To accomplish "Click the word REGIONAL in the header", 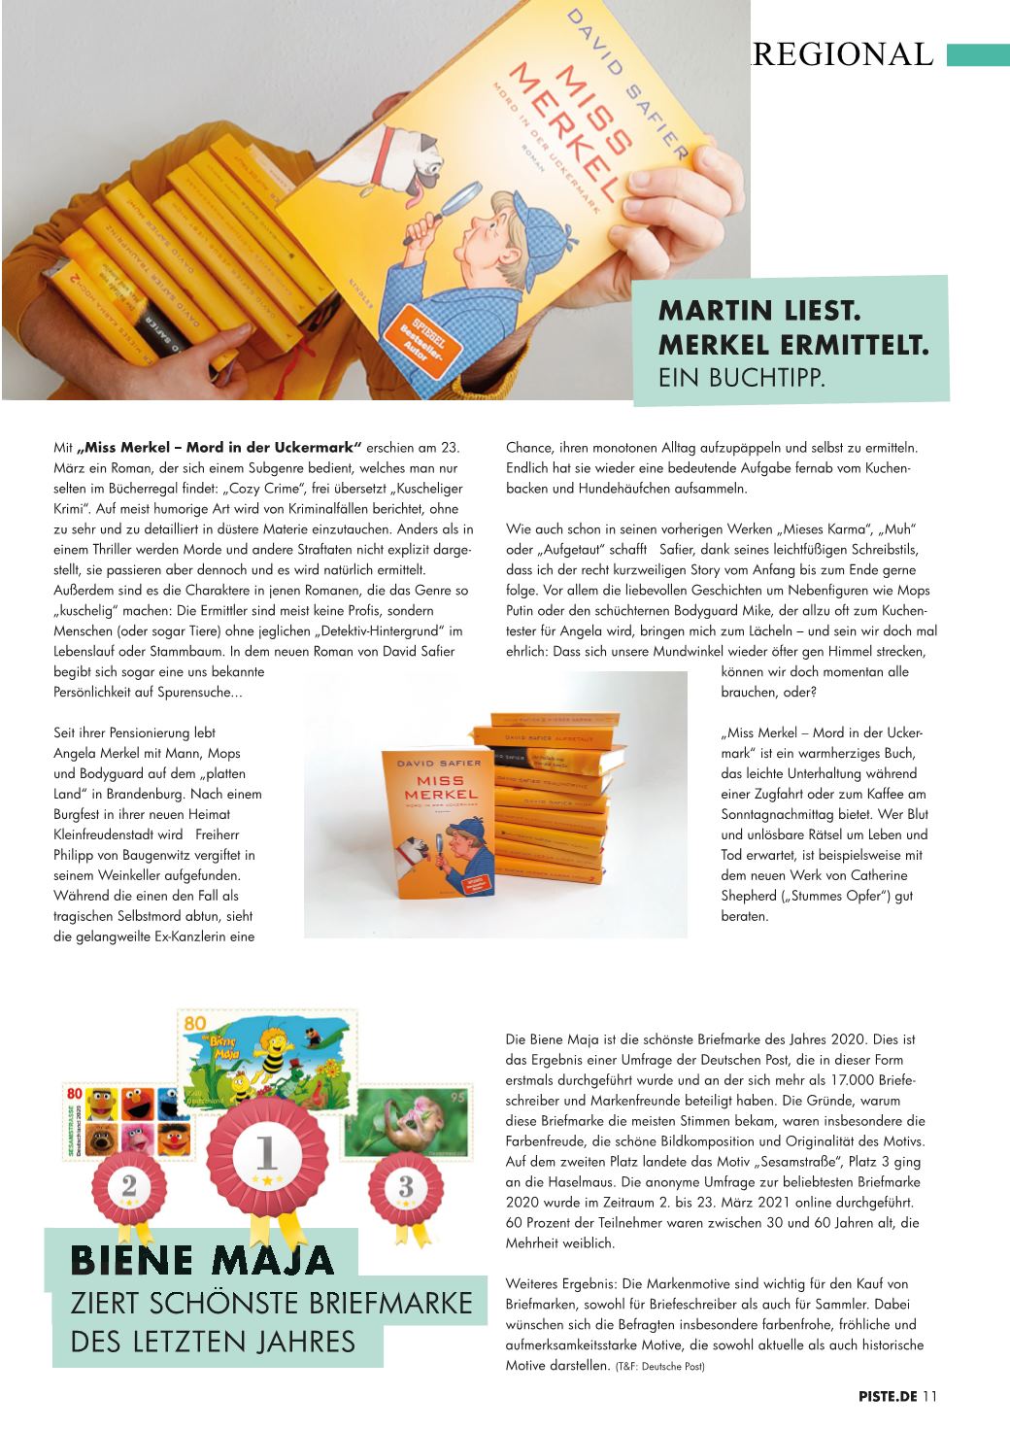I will (x=842, y=53).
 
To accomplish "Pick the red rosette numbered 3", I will (x=405, y=1186).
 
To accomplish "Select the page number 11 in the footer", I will (x=930, y=1397).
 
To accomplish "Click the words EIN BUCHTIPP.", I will (x=741, y=377).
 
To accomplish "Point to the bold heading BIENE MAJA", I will (x=202, y=1260).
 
